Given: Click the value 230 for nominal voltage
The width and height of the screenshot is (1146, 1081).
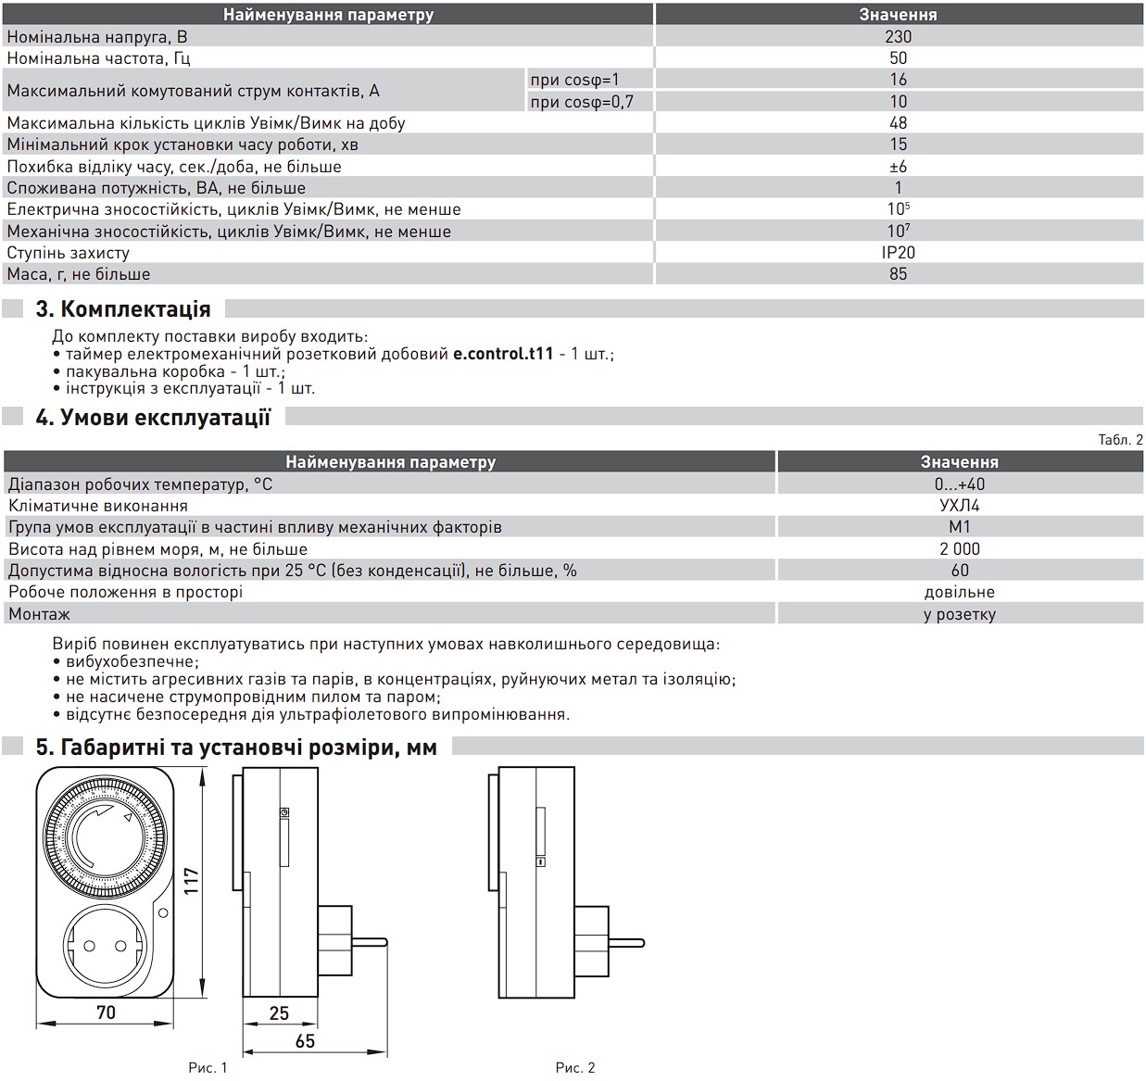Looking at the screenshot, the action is pos(898,36).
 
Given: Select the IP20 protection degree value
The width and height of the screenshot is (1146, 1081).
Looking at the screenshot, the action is pos(898,252).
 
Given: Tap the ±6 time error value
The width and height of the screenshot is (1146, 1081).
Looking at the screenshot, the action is pos(898,166).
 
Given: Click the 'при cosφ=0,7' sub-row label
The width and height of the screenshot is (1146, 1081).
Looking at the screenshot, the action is pos(582,102).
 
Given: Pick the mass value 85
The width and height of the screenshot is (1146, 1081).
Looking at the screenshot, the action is pos(898,273).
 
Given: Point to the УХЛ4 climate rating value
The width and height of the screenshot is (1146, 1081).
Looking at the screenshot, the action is pos(959,505).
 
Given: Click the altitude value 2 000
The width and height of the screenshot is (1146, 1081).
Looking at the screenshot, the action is pos(959,548).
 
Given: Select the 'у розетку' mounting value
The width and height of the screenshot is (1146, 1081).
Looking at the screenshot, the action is pos(959,613).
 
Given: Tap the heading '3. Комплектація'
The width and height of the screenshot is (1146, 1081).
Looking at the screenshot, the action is pos(123,308).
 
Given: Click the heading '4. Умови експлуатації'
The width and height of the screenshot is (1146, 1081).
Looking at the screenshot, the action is pos(153,417).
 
